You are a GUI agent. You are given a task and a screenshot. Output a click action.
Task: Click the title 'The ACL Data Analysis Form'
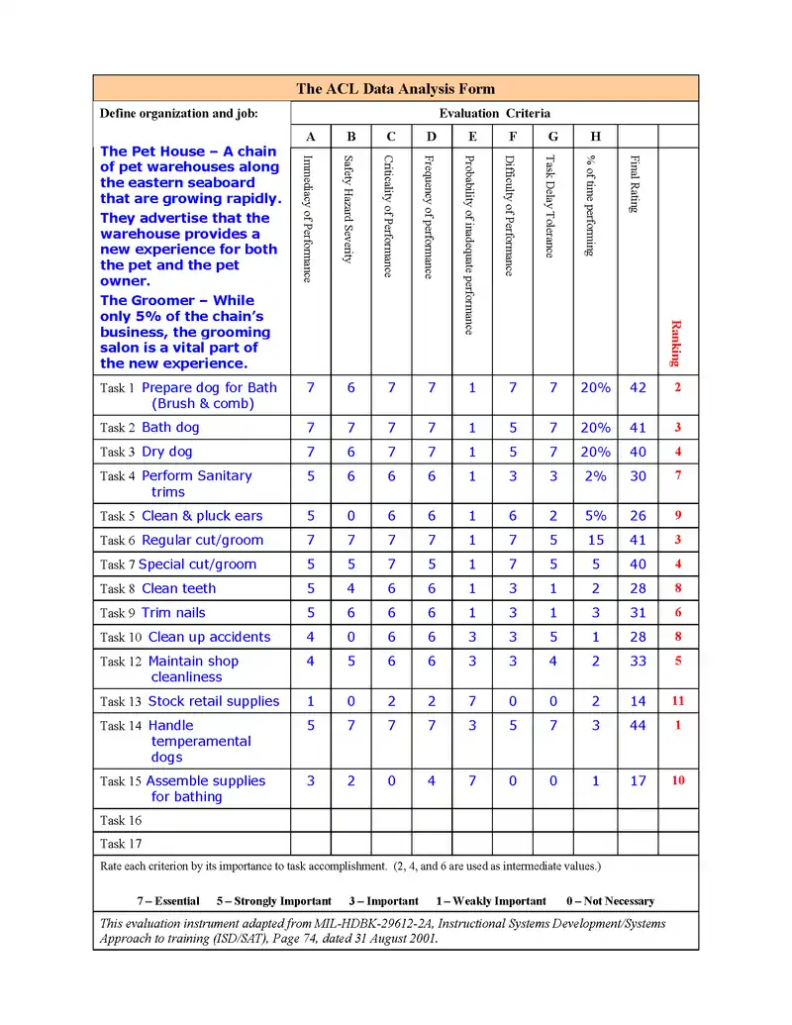click(395, 88)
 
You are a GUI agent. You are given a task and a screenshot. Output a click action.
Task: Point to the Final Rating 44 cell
click(638, 726)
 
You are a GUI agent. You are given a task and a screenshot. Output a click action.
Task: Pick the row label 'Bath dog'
click(170, 428)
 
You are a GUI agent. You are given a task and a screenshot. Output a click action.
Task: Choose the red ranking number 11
click(678, 701)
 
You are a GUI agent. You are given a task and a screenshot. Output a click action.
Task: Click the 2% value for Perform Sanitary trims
click(595, 476)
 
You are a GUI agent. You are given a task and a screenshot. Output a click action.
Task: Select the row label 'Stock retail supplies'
click(214, 701)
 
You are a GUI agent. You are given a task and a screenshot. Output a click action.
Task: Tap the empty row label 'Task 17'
click(121, 844)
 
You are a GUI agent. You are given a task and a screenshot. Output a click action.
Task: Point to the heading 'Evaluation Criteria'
click(495, 113)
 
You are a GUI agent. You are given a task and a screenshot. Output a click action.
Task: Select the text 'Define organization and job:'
click(179, 113)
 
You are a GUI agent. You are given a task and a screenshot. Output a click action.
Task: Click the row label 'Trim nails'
click(173, 613)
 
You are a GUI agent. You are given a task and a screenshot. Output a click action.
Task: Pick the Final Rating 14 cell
click(638, 701)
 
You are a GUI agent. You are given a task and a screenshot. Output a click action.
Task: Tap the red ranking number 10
click(678, 780)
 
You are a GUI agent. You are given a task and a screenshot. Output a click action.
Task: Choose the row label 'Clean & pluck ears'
click(202, 516)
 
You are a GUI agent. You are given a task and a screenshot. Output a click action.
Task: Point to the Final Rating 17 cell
click(638, 781)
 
